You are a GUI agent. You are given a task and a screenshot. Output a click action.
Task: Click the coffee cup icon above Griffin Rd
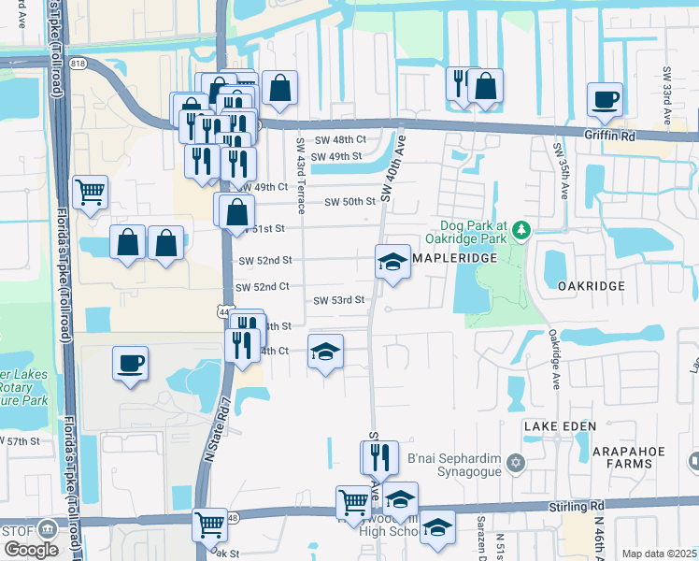point(605,99)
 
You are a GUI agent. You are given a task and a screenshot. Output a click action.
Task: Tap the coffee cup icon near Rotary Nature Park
point(130,363)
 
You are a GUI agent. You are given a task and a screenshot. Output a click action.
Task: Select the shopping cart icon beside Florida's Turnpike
point(91,193)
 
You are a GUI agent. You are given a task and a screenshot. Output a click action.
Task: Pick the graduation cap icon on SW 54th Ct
point(325,352)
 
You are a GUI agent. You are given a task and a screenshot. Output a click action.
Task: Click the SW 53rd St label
point(337,300)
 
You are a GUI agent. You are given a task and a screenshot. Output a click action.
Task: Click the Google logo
point(31,550)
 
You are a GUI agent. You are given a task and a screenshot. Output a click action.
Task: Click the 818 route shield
point(77,64)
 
